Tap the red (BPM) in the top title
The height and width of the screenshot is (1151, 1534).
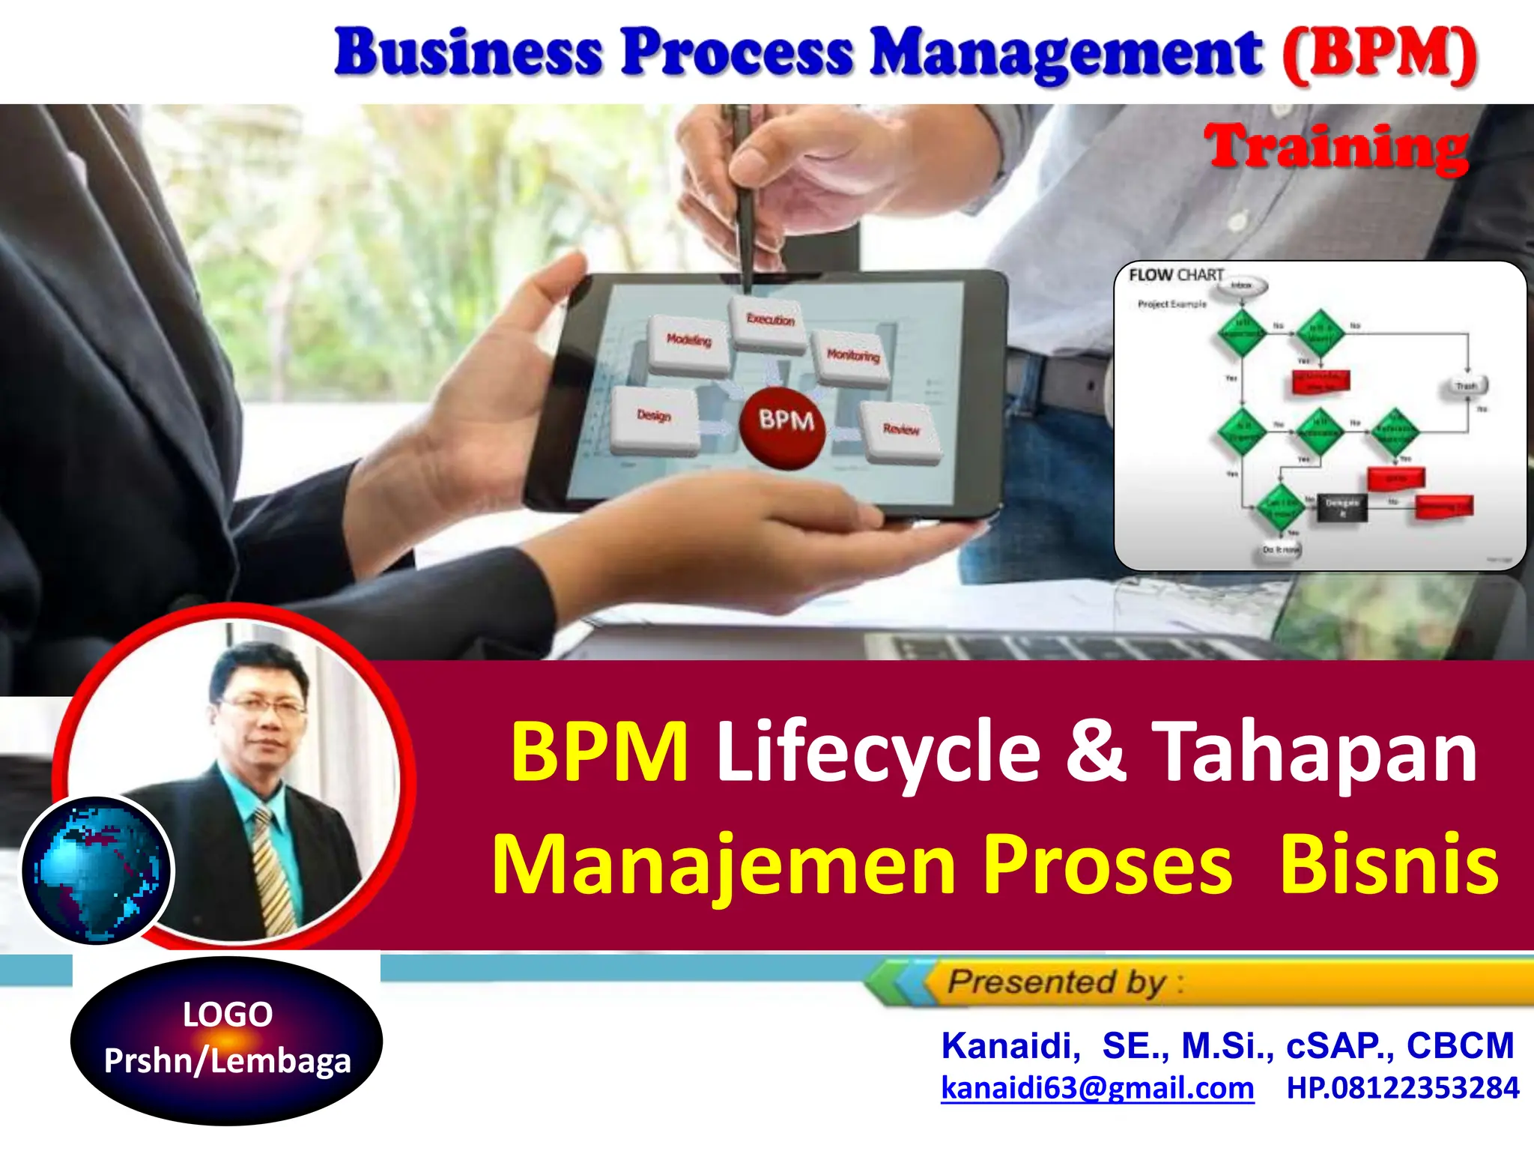tap(1379, 55)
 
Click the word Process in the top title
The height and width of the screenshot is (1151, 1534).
tap(737, 52)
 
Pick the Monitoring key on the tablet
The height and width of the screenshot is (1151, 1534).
tap(853, 357)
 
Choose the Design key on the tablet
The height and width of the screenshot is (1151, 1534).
tap(654, 417)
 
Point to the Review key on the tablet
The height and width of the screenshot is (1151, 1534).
tap(900, 430)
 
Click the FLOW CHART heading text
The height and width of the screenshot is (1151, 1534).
tap(1176, 275)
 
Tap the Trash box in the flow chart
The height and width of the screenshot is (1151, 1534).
tap(1466, 387)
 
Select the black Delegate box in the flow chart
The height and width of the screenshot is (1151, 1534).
tap(1342, 507)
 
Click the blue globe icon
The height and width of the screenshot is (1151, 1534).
tap(97, 870)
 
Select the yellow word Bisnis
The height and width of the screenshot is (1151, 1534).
tap(1389, 863)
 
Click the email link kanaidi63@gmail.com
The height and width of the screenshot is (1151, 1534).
tap(1097, 1088)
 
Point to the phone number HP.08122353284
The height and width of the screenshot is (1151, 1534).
tap(1403, 1088)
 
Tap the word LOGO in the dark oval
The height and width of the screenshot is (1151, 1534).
tap(228, 1015)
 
